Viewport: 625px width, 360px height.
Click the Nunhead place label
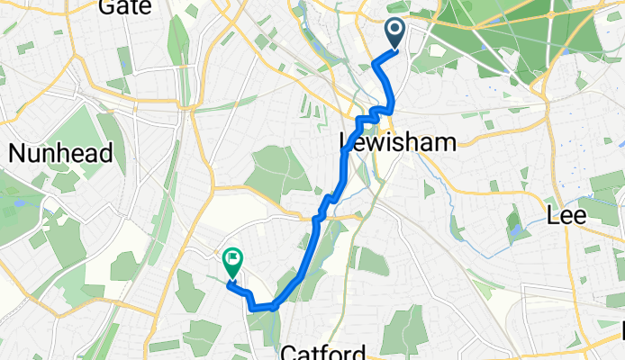click(60, 153)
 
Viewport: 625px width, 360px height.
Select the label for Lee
click(567, 216)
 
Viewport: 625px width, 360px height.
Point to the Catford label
click(322, 350)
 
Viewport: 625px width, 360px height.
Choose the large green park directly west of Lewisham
click(276, 171)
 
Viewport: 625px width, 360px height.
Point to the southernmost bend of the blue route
click(261, 308)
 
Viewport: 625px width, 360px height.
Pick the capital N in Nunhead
click(16, 153)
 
